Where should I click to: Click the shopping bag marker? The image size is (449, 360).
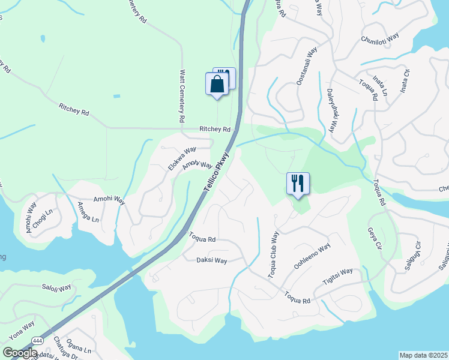[217, 84]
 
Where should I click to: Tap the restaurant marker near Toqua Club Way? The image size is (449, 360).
[298, 184]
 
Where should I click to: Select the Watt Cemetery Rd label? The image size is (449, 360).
[182, 96]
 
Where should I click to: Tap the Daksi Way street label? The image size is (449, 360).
[212, 260]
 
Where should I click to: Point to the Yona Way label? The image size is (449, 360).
[21, 329]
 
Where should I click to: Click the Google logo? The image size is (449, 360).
[20, 353]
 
